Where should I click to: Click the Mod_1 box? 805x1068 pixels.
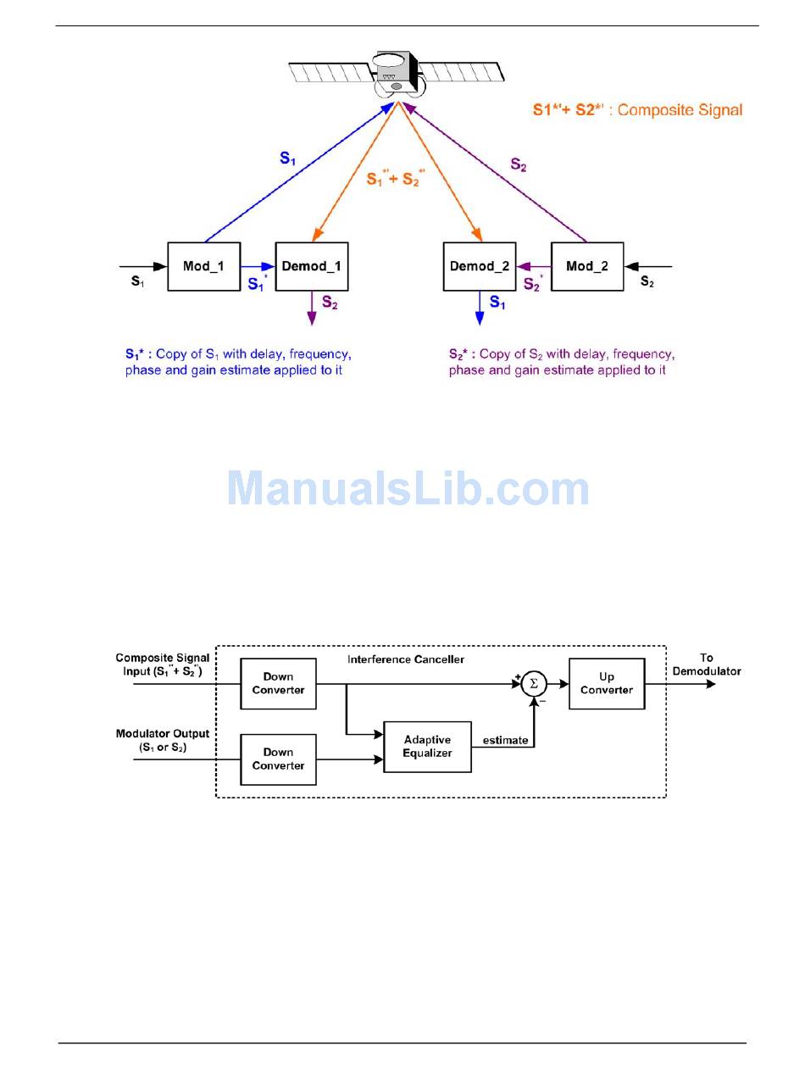(x=203, y=266)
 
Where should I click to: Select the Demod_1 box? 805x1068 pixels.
(x=312, y=266)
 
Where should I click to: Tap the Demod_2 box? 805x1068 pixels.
(x=480, y=266)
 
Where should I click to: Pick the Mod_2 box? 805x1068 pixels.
(x=587, y=266)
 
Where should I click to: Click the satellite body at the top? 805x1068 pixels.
(x=394, y=73)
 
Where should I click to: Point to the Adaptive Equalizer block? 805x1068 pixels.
(x=427, y=746)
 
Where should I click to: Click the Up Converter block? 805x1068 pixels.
(x=607, y=683)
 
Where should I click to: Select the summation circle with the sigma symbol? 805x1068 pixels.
(x=534, y=684)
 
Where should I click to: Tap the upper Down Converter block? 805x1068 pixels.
(x=278, y=683)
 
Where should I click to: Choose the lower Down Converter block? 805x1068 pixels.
(x=278, y=759)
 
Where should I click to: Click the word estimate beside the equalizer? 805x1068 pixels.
(x=506, y=740)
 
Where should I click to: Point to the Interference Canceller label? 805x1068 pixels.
(x=406, y=659)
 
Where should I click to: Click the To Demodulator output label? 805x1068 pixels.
(x=707, y=665)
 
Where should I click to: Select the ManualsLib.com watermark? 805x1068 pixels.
(x=408, y=490)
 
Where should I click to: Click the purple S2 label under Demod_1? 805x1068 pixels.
(x=330, y=303)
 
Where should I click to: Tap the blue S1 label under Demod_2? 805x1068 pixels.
(x=497, y=303)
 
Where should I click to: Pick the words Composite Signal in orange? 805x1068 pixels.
(x=680, y=109)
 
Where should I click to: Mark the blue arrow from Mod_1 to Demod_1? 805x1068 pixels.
(x=258, y=266)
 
